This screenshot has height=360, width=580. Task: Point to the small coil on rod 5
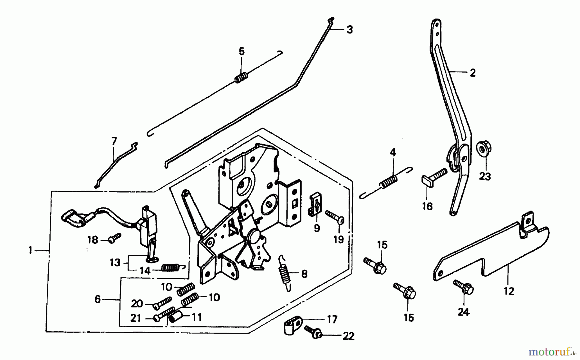[241, 78]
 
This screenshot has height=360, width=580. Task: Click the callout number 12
[509, 291]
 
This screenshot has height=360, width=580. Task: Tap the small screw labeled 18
[115, 238]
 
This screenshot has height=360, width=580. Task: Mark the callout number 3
[350, 30]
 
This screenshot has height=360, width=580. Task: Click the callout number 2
[472, 73]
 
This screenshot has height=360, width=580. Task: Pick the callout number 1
[30, 250]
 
